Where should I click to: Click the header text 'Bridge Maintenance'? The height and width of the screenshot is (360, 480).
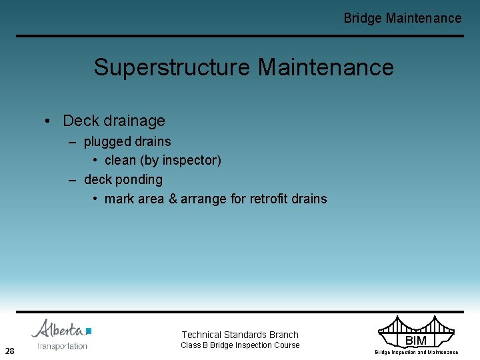point(402,18)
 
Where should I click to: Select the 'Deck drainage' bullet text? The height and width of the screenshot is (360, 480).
point(113,121)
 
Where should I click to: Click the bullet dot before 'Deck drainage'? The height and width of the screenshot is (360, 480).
point(48,121)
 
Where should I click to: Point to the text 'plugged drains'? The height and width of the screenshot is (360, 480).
point(127,141)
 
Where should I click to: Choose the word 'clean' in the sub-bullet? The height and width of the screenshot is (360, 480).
point(120,161)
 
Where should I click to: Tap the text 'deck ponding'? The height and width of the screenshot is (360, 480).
point(123,179)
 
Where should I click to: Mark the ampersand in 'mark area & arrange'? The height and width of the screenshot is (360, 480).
point(173,199)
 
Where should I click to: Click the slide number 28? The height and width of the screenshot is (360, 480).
point(9,351)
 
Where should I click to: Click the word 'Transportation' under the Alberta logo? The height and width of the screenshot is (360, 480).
point(62,345)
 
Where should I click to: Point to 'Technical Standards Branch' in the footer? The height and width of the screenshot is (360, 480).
point(240,335)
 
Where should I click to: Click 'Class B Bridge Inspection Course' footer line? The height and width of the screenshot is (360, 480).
point(240,345)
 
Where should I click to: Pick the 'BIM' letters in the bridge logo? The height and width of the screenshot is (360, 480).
point(415,341)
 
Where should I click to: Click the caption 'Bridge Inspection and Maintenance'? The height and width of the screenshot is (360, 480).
point(416,352)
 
